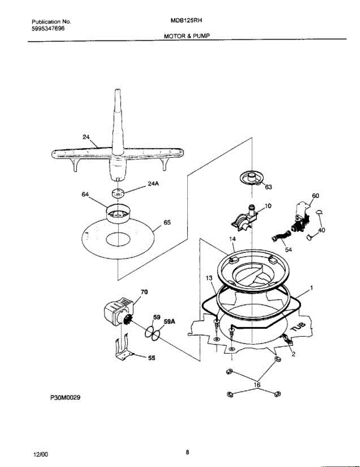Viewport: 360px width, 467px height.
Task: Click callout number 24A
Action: [153, 185]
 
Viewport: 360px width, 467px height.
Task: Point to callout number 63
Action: [268, 187]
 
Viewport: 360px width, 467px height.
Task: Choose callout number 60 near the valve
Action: [315, 195]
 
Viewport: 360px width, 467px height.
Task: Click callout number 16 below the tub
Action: [256, 385]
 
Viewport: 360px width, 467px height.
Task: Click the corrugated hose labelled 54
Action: [280, 236]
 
